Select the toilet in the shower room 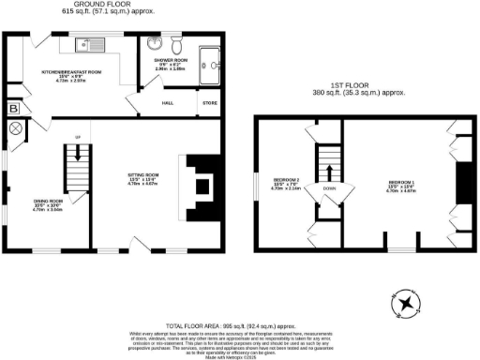pos(175,43)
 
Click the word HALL pos(168,103)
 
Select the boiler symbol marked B pos(13,109)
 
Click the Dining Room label pos(47,202)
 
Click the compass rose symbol pos(404,304)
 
